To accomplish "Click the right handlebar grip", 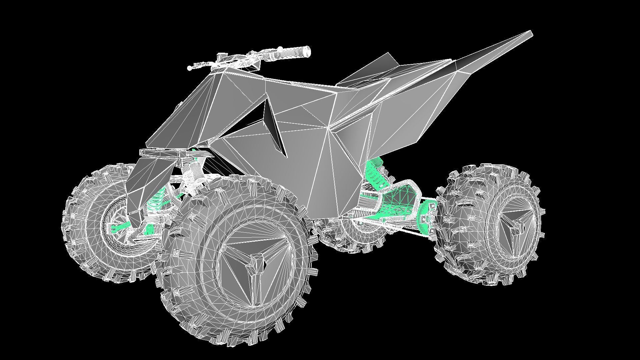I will [x=295, y=51].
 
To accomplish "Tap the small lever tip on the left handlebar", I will [x=190, y=68].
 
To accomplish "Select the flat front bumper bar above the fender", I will [x=163, y=154].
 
